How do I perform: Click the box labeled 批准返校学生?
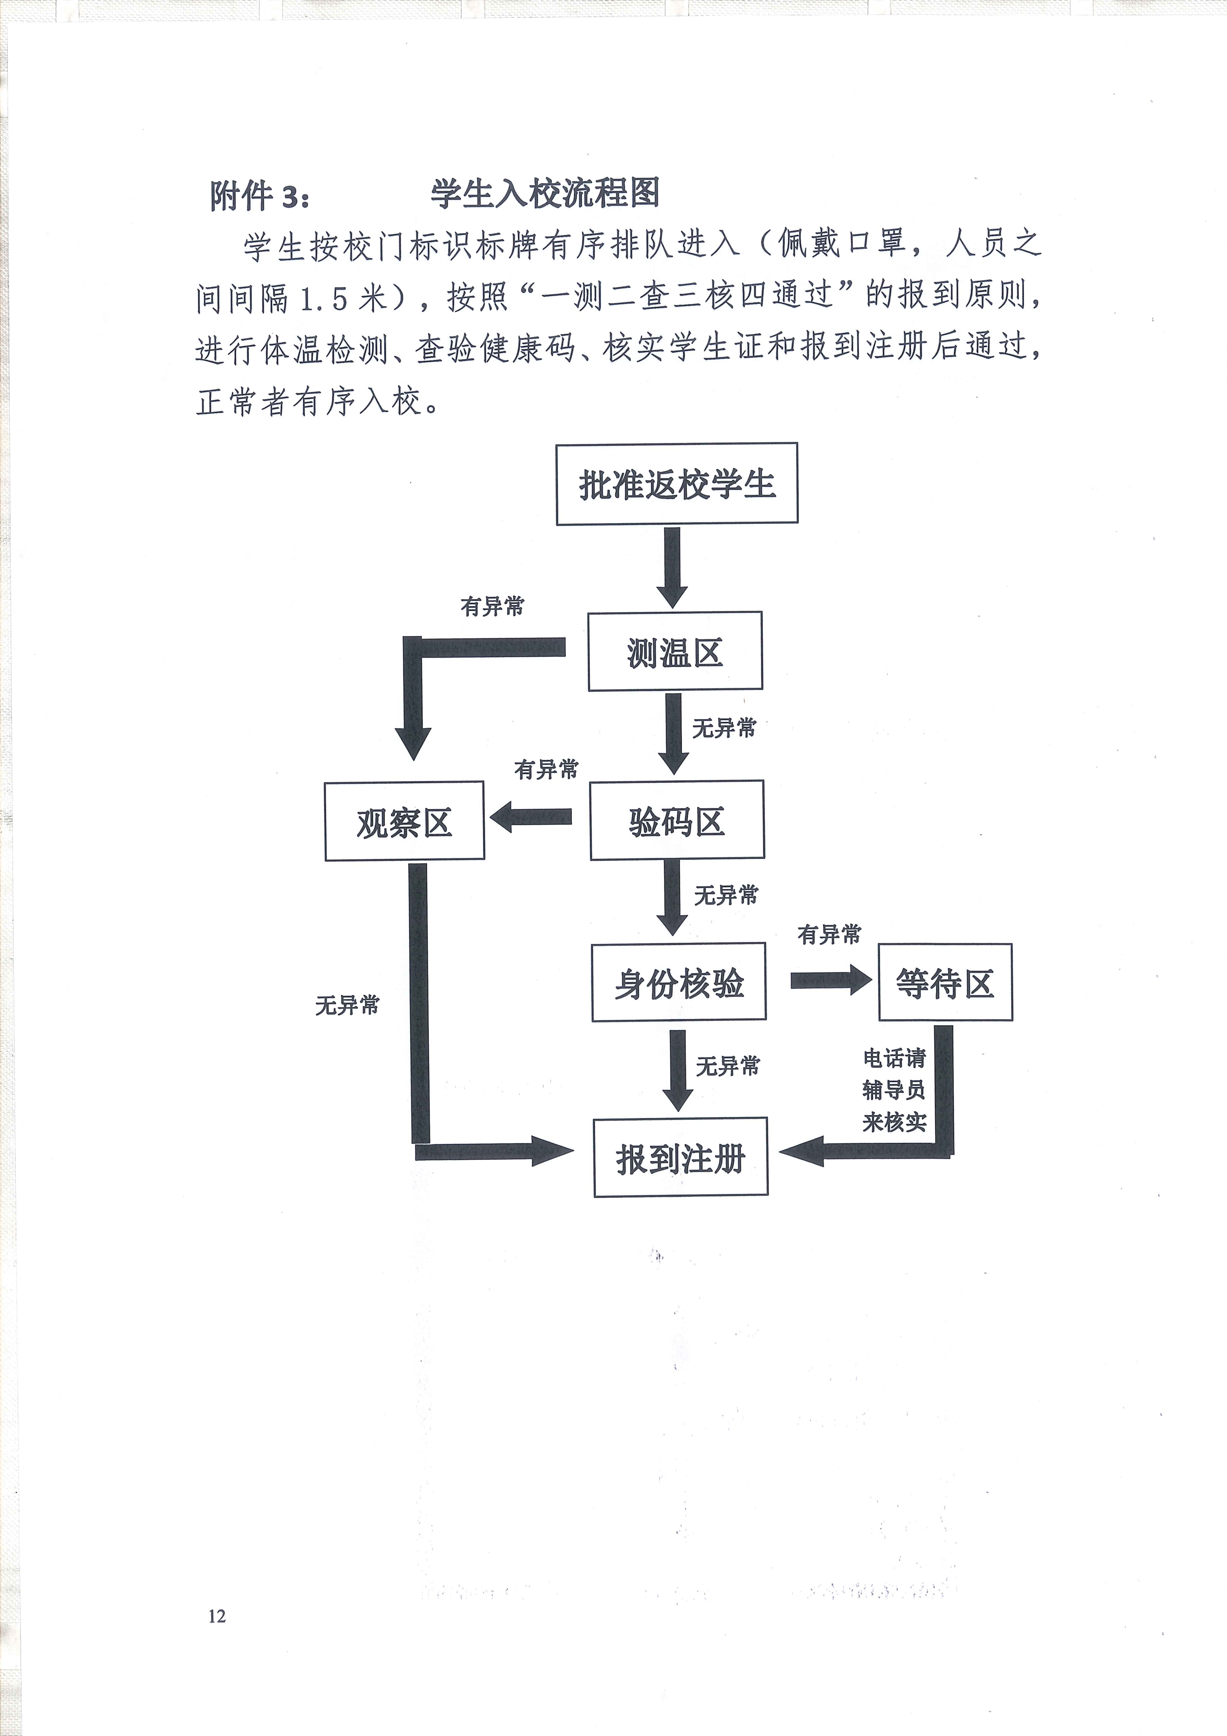click(677, 484)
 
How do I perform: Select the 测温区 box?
click(675, 651)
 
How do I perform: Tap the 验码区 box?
click(677, 820)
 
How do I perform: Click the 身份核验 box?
click(679, 982)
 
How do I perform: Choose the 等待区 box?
click(945, 982)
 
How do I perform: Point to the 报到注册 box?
click(680, 1157)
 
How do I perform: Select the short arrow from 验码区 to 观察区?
click(531, 817)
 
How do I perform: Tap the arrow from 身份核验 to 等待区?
click(831, 980)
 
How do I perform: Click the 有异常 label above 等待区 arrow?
click(829, 935)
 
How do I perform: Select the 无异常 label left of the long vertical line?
click(347, 1005)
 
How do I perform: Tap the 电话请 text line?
click(894, 1057)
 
